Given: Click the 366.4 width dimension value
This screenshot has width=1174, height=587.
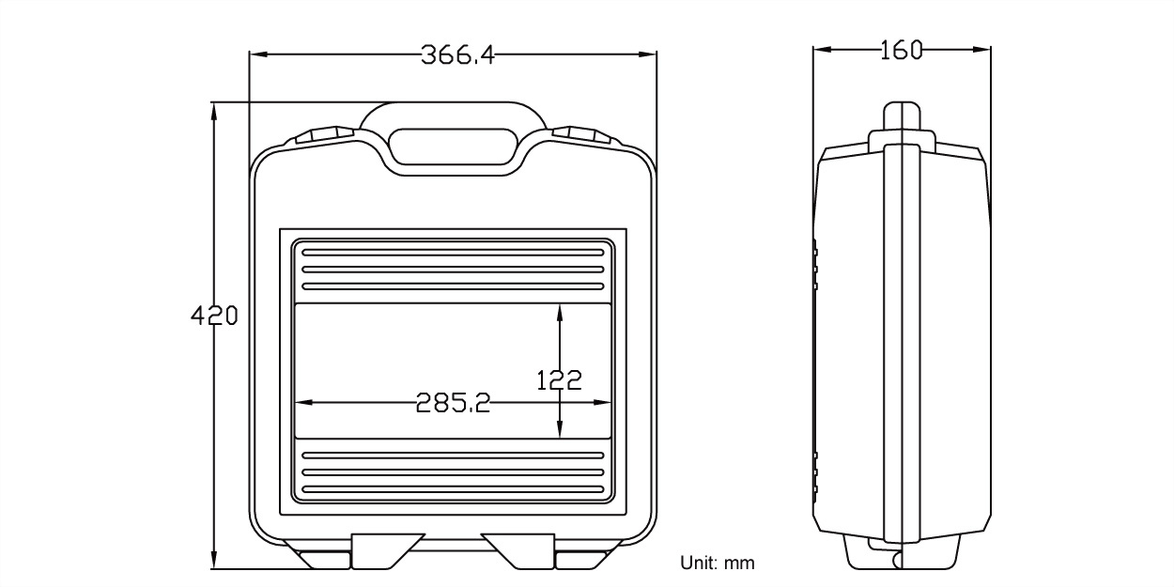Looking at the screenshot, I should tap(456, 54).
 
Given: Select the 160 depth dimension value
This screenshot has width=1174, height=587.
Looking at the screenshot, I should tap(902, 50).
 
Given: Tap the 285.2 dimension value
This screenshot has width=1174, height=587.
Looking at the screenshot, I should tap(453, 403).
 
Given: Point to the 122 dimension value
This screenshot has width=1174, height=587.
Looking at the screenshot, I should tap(559, 380).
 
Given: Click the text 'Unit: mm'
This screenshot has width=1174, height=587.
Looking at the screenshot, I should tap(717, 564).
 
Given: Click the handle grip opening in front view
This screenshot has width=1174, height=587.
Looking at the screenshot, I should tap(453, 147).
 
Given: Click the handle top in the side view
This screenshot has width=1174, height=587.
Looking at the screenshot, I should tap(903, 117).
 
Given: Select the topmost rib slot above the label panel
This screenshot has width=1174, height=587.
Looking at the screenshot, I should tap(453, 253).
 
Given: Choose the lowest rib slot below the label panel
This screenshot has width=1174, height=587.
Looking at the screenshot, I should tap(453, 488).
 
